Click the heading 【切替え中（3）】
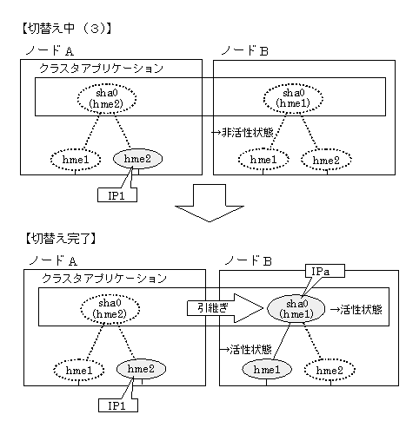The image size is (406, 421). pos(67,29)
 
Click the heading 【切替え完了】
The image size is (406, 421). pos(61,239)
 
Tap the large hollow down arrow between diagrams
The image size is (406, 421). pos(210,203)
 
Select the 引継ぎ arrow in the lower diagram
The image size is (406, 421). pos(225,308)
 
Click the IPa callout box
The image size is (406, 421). pos(325,271)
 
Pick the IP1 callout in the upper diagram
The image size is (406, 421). pos(117,195)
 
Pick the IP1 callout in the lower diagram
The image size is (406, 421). pos(118,405)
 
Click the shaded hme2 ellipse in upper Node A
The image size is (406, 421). pos(137,159)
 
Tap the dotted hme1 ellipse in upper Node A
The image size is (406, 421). pos(76,160)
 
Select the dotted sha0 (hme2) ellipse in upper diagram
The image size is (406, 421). pos(107,98)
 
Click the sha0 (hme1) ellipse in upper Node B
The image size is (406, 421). pos(293,98)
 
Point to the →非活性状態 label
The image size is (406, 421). pos(243,133)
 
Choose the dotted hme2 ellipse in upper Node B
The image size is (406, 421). pos(326,160)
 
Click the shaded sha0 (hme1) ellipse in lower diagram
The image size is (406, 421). pos(296,308)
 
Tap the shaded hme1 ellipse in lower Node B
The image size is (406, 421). pos(267,369)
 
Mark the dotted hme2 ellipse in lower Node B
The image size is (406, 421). pos(329,370)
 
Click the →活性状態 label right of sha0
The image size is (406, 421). pos(356,309)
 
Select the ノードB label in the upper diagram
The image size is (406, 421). pos(245,51)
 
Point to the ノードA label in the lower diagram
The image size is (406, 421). pos(53,260)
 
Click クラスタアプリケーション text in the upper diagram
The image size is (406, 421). pos(102,69)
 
